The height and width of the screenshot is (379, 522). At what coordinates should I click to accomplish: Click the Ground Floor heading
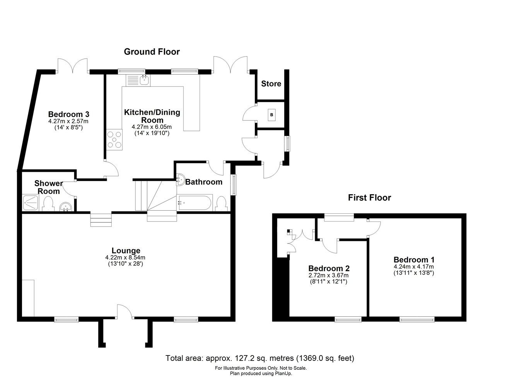click(x=152, y=52)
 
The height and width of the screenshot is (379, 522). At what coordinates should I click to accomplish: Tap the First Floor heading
click(x=369, y=198)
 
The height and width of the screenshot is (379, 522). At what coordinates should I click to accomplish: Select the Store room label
click(x=271, y=84)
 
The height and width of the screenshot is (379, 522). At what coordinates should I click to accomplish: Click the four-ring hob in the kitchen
click(x=114, y=139)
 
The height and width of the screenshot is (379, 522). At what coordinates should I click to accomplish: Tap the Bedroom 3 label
click(x=68, y=114)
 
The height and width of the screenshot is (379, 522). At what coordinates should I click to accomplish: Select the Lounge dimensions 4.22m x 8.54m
click(x=125, y=258)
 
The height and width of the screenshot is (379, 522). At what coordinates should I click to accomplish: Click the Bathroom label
click(x=204, y=182)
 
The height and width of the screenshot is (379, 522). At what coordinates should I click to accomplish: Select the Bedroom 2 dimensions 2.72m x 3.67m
click(x=328, y=276)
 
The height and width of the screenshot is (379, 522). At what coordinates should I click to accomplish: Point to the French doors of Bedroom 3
click(x=72, y=65)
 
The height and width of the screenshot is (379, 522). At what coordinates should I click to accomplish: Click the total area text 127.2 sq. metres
click(x=260, y=358)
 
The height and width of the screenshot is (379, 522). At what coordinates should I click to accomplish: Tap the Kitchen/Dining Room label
click(x=152, y=116)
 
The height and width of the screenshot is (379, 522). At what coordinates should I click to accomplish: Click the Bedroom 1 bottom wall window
click(x=417, y=319)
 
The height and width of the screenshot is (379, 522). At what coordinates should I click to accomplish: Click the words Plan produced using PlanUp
click(x=261, y=373)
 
